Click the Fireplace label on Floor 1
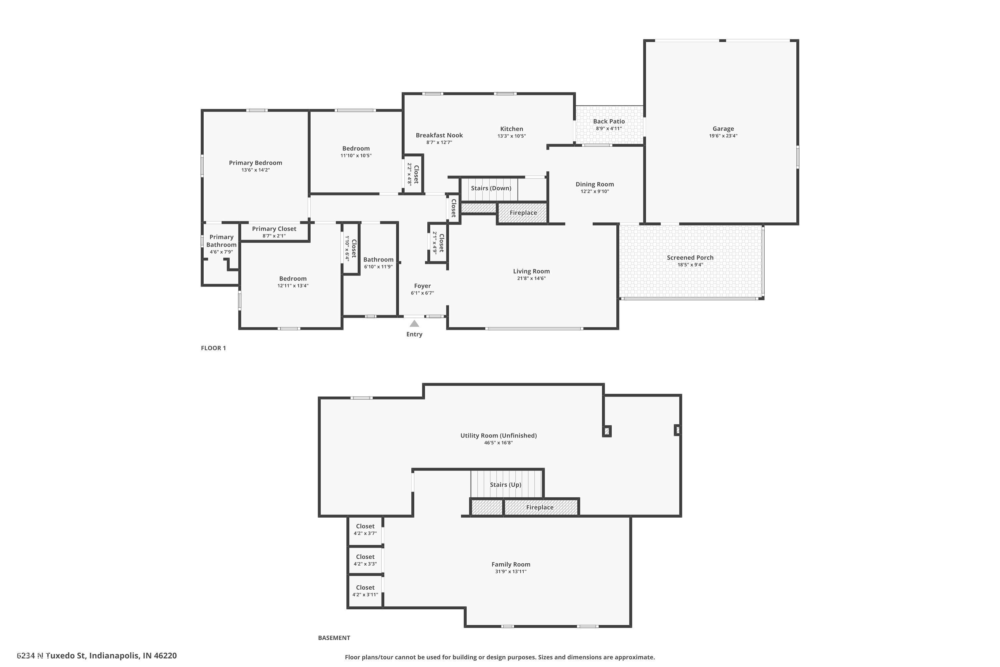tap(523, 213)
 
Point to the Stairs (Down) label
tap(491, 188)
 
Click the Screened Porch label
tap(690, 257)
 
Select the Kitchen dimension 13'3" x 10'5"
tap(511, 136)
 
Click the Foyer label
tap(422, 286)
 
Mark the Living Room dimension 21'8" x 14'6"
tap(531, 278)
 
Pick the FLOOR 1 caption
tap(213, 348)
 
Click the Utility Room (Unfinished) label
tap(498, 435)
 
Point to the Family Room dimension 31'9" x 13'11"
tap(511, 571)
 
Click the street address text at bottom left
tap(97, 656)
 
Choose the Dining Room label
tap(594, 184)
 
